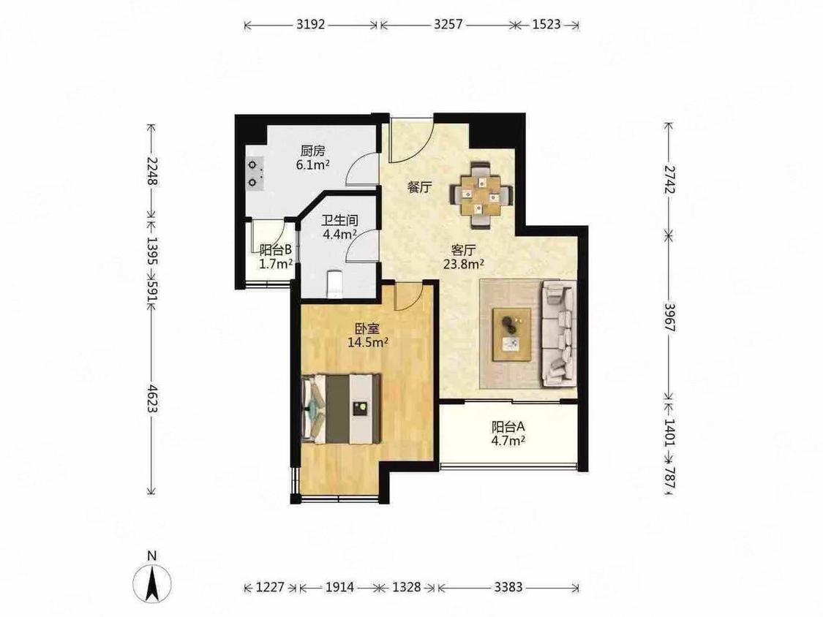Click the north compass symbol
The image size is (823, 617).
151,583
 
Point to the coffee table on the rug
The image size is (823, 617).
511,335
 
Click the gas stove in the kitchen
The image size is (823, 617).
255,174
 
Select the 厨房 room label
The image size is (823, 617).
313,151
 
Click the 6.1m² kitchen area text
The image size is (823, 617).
313,164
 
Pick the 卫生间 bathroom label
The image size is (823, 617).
340,220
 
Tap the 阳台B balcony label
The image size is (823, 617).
276,250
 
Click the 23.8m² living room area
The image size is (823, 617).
464,264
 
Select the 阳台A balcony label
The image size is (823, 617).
508,426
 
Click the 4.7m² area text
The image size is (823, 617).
508,440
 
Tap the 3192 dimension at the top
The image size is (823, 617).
311,24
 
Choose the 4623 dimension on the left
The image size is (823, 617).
151,398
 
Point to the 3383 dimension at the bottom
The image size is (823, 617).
508,586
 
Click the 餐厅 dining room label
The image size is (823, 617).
420,187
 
